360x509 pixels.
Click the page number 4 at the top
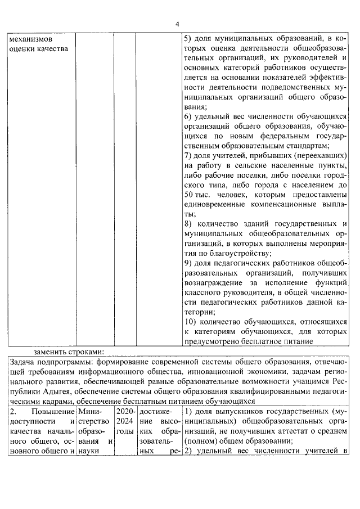177,24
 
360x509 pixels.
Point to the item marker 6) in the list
189,116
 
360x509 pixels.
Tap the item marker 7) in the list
189,155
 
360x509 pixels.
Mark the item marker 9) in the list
189,263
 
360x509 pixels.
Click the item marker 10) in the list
191,321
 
